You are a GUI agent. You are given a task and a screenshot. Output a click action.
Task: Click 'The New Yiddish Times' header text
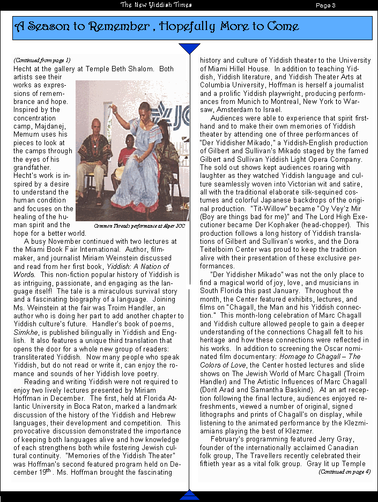[156, 5]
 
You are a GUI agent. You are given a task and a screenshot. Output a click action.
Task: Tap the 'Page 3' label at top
[325, 5]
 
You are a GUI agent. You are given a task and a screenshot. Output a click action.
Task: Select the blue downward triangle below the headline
[189, 48]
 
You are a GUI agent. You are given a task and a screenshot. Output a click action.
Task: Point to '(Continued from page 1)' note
[42, 60]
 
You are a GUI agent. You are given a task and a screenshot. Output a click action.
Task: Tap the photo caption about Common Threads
[139, 226]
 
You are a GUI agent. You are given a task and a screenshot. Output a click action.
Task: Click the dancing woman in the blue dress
[135, 161]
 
